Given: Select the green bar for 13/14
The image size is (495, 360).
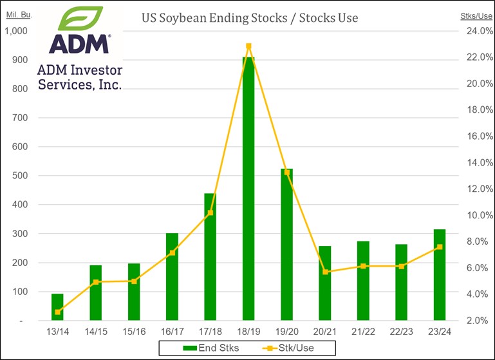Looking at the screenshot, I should (x=57, y=307).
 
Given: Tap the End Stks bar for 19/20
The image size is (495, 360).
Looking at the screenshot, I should (x=286, y=244).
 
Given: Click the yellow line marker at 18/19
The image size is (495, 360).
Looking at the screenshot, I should (x=248, y=46).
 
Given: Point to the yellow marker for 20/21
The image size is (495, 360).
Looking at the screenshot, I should (x=325, y=272).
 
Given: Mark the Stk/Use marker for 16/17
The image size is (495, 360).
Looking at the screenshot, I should (x=172, y=252).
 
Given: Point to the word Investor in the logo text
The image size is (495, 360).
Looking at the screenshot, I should (x=94, y=70).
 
